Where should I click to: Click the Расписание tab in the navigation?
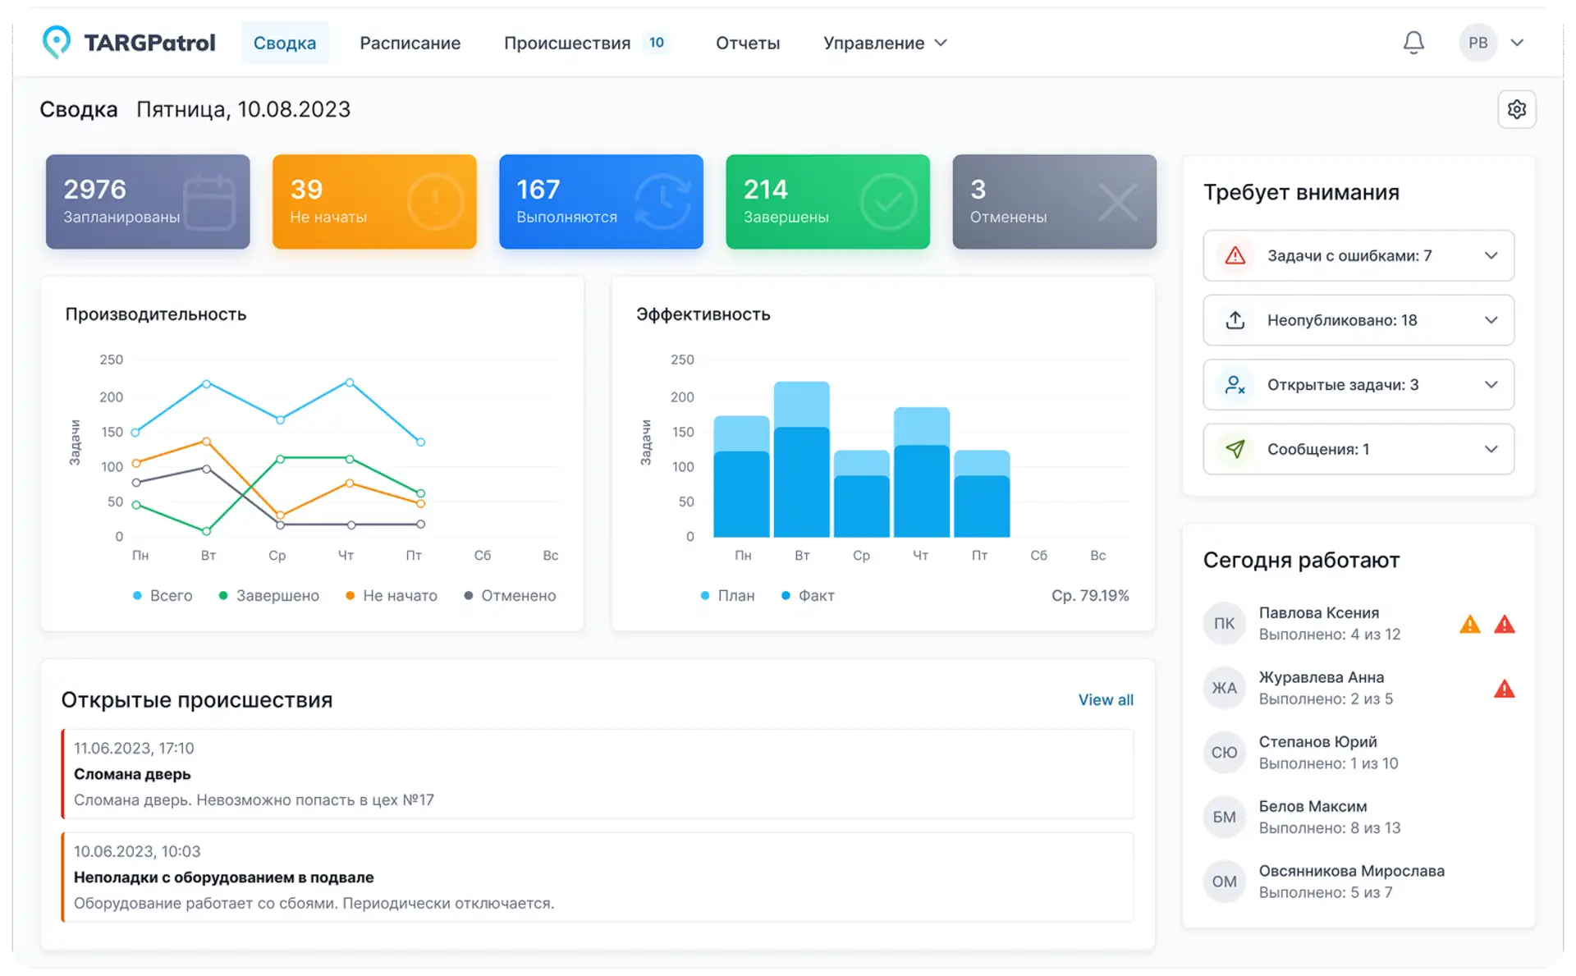[x=410, y=43]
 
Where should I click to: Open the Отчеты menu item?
[x=748, y=43]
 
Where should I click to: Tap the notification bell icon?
[x=1413, y=43]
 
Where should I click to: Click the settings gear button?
[x=1517, y=109]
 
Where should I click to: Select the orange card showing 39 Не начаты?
[x=374, y=202]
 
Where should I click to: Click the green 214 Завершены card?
[x=827, y=202]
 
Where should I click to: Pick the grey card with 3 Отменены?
[x=1054, y=202]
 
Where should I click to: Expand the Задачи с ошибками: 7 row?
[x=1358, y=255]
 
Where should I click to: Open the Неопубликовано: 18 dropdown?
[x=1358, y=320]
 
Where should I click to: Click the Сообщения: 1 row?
[x=1358, y=449]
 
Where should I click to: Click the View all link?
[x=1106, y=700]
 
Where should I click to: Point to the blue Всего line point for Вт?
[x=206, y=384]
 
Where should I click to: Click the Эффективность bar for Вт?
[x=802, y=459]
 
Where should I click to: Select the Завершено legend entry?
[x=269, y=596]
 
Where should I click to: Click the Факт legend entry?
[x=808, y=596]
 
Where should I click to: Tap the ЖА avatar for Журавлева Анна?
[x=1224, y=688]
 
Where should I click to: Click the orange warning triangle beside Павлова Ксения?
[x=1470, y=625]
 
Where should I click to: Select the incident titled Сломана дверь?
[x=598, y=774]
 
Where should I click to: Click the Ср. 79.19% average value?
[x=1090, y=596]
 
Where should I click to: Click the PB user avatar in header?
[x=1478, y=43]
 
